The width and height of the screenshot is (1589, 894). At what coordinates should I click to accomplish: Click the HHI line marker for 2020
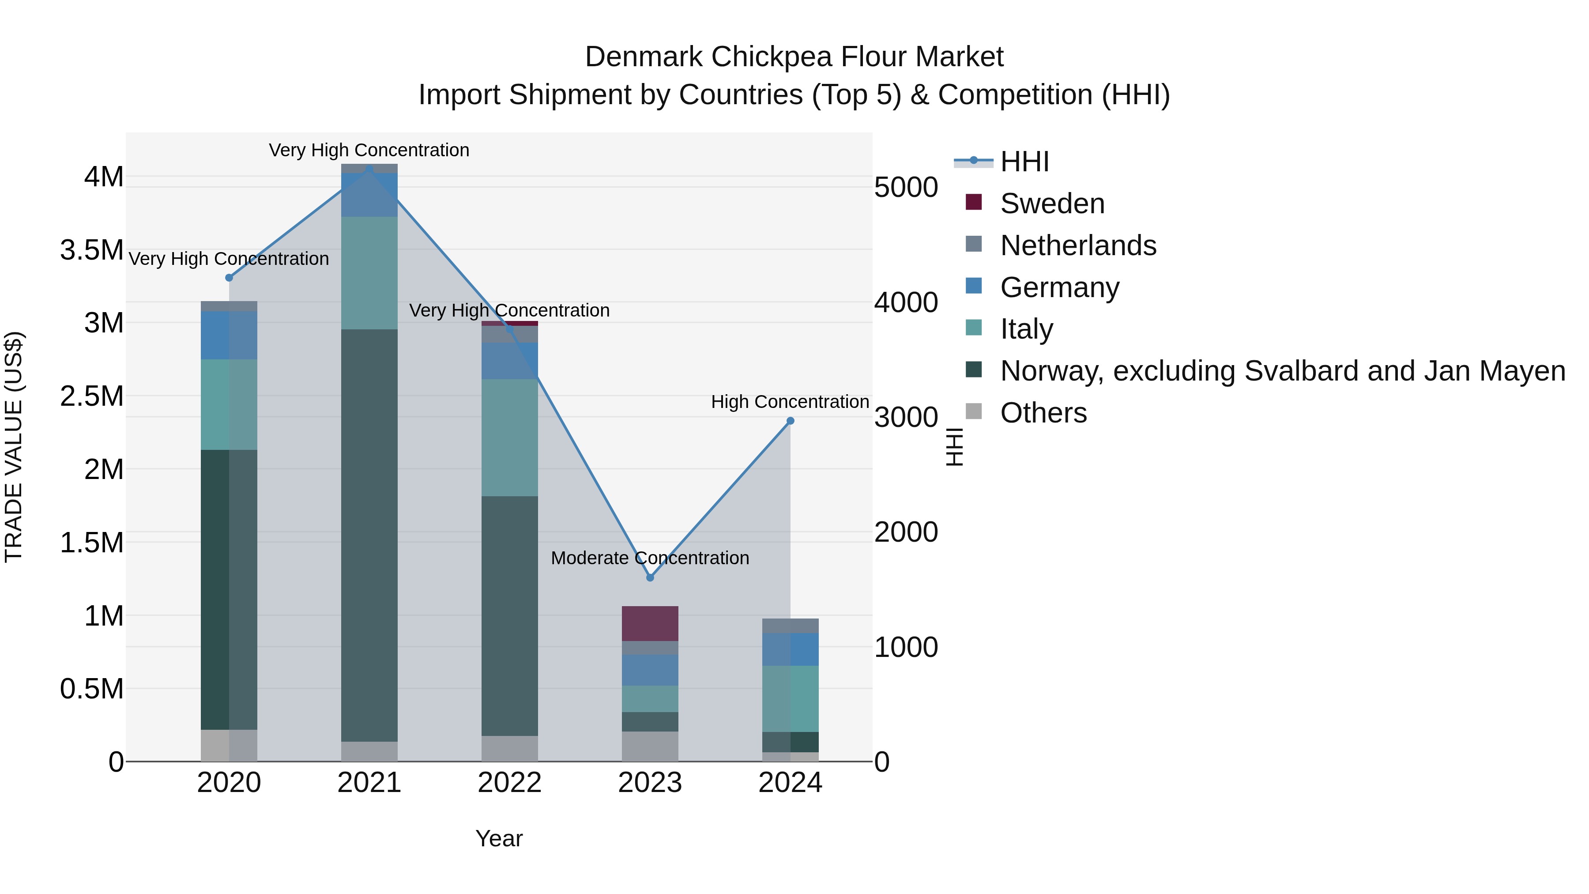pyautogui.click(x=229, y=278)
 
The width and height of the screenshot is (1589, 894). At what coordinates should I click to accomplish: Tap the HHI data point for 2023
pyautogui.click(x=650, y=577)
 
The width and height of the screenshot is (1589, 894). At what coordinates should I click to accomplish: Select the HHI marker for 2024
pyautogui.click(x=790, y=421)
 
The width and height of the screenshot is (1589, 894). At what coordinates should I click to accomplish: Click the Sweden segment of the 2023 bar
pyautogui.click(x=650, y=623)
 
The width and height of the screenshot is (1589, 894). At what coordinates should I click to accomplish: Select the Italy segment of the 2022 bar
pyautogui.click(x=509, y=438)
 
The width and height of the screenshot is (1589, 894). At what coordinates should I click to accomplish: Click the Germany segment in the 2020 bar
pyautogui.click(x=229, y=335)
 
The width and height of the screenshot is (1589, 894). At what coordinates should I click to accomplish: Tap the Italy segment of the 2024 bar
pyautogui.click(x=790, y=698)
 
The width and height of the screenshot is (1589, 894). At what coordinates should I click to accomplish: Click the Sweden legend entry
pyautogui.click(x=1052, y=204)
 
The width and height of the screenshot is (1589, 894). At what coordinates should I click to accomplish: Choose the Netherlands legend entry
pyautogui.click(x=1077, y=245)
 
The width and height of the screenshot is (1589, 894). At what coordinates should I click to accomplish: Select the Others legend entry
pyautogui.click(x=1043, y=413)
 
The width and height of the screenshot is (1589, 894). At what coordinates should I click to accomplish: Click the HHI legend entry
pyautogui.click(x=1024, y=162)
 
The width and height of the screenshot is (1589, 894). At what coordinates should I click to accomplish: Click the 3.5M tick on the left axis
pyautogui.click(x=92, y=250)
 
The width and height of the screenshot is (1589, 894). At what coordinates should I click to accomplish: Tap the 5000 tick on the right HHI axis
pyautogui.click(x=906, y=188)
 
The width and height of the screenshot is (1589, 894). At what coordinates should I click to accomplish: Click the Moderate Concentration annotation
pyautogui.click(x=650, y=558)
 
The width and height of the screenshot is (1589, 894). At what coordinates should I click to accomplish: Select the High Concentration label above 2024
pyautogui.click(x=790, y=402)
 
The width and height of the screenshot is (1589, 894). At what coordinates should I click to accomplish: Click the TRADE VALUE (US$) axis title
pyautogui.click(x=14, y=447)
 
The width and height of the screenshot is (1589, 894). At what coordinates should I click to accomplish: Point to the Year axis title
pyautogui.click(x=499, y=838)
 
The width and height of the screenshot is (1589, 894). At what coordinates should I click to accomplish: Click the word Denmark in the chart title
pyautogui.click(x=644, y=57)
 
